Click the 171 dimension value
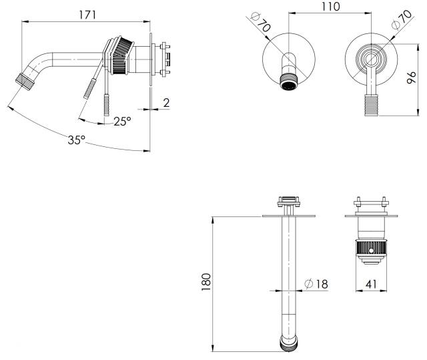[87, 15]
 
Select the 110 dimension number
[331, 7]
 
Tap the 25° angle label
[122, 122]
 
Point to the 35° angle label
[77, 140]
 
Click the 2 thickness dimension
[166, 103]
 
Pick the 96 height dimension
[411, 77]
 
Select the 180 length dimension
[206, 282]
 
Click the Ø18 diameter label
[316, 284]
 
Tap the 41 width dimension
[371, 284]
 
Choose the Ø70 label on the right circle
[402, 19]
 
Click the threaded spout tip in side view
[25, 81]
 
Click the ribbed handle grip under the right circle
[372, 105]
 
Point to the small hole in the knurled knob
[371, 250]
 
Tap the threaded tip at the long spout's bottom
[288, 344]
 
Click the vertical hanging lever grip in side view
[107, 105]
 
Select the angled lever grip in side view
[90, 89]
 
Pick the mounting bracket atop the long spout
[289, 202]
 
